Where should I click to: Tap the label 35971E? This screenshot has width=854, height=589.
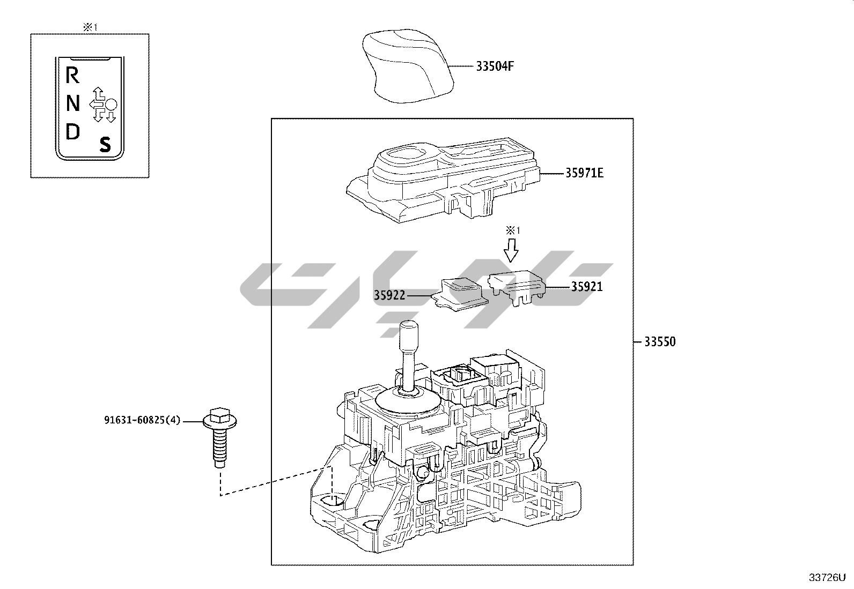[x=584, y=173]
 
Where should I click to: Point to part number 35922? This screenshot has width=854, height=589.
[x=389, y=295]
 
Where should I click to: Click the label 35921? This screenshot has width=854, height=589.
[x=586, y=287]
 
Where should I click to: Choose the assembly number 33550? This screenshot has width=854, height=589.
[x=660, y=341]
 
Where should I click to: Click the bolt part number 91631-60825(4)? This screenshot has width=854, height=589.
[x=142, y=421]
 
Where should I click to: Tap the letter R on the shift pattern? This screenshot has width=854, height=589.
[x=72, y=76]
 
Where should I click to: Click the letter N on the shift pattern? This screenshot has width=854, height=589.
[x=73, y=103]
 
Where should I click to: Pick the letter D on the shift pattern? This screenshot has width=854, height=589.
[x=72, y=131]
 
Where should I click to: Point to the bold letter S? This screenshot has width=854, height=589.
[x=105, y=144]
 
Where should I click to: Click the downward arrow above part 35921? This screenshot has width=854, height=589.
[x=512, y=249]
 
